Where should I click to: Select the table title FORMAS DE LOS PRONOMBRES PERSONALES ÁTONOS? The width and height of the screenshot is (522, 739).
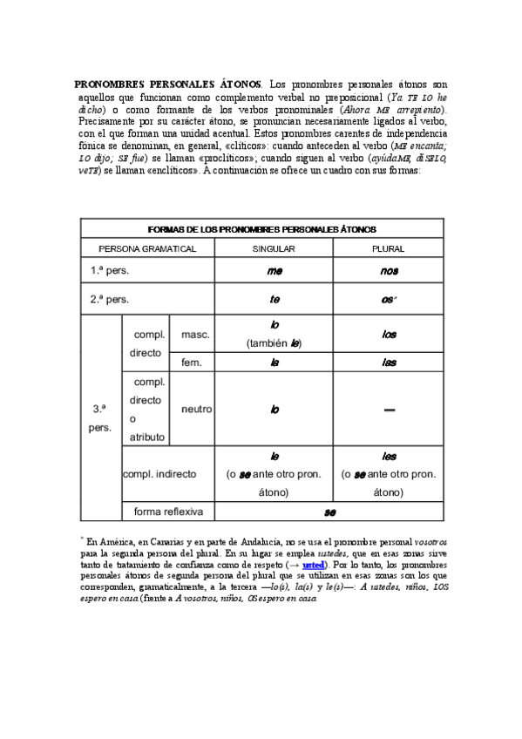pyautogui.click(x=262, y=228)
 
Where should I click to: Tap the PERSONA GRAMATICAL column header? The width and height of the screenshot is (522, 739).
pyautogui.click(x=147, y=248)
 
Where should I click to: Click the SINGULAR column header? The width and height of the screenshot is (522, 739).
pyautogui.click(x=274, y=248)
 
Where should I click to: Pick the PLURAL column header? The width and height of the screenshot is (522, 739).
pyautogui.click(x=388, y=248)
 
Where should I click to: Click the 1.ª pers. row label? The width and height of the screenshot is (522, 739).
pyautogui.click(x=110, y=271)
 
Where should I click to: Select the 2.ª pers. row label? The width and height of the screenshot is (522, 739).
pyautogui.click(x=110, y=299)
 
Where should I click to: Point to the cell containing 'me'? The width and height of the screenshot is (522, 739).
pyautogui.click(x=274, y=271)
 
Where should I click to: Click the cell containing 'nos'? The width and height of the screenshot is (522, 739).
pyautogui.click(x=389, y=271)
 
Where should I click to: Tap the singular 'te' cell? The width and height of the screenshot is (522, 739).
pyautogui.click(x=274, y=299)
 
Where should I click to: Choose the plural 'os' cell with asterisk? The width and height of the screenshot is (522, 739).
pyautogui.click(x=389, y=299)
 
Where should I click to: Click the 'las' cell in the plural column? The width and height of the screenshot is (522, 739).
pyautogui.click(x=389, y=362)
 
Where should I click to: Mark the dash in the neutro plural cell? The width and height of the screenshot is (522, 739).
pyautogui.click(x=389, y=409)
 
